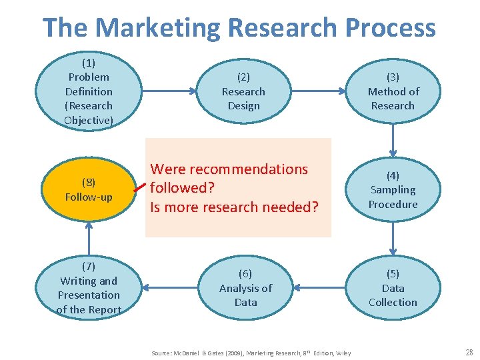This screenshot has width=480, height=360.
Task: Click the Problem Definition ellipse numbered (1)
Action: [89, 91]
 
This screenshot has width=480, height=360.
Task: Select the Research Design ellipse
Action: [243, 91]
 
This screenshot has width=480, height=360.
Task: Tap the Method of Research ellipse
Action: [393, 91]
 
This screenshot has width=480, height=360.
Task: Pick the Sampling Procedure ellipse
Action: [393, 190]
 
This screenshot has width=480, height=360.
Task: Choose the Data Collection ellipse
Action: [393, 288]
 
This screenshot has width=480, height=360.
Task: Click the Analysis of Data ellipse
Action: [245, 288]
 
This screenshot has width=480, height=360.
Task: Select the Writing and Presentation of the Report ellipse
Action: [89, 288]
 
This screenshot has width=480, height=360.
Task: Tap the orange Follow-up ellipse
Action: [89, 190]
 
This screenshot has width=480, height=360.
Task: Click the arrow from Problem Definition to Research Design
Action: [167, 91]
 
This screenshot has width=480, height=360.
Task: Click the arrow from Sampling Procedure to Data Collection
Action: [393, 239]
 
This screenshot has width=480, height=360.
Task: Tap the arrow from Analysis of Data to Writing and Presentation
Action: [169, 288]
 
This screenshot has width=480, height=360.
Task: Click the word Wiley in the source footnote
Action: [343, 353]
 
